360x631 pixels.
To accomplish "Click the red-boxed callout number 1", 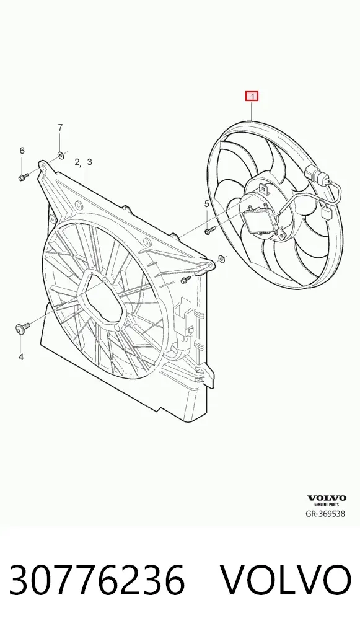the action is [252, 97].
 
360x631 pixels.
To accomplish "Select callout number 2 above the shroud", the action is [78, 162].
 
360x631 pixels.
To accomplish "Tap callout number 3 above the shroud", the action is [89, 162].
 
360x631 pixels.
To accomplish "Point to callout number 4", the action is [21, 356].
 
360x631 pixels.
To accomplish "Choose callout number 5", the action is [207, 204].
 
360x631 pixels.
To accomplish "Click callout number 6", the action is [22, 151].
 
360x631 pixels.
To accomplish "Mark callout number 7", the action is [60, 128].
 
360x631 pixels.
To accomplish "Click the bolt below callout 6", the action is [24, 176].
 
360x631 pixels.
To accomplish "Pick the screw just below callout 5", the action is [211, 231].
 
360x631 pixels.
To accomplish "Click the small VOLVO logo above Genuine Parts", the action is [327, 498].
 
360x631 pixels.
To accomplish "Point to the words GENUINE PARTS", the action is [327, 504].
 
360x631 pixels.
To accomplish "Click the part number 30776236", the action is [97, 580].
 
